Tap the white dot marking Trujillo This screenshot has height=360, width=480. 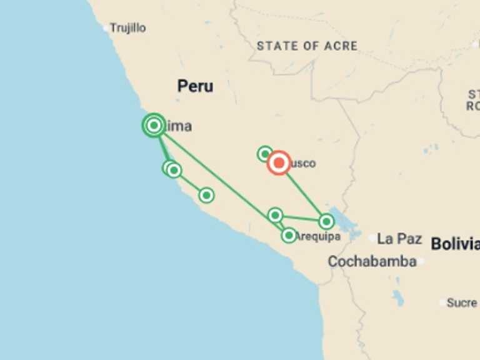coord(106,27)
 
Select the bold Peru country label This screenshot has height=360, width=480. coord(195,86)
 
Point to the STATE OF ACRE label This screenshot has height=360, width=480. coord(307,46)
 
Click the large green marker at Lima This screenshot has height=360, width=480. coord(154,126)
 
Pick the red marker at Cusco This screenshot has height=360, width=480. coord(279,163)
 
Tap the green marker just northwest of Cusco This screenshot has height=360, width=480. coord(265,153)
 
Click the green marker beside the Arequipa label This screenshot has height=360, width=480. coord(288,235)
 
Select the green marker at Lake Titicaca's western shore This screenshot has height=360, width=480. coord(326,221)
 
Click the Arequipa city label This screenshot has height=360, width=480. coord(318,236)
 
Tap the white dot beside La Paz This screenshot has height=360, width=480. coord(372,238)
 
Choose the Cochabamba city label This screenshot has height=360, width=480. coord(372,261)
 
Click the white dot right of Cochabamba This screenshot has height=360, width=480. coord(421,261)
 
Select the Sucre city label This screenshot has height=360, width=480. coord(462,302)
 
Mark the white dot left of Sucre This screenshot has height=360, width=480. coord(442,302)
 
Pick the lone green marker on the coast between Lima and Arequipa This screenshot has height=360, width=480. coord(206,195)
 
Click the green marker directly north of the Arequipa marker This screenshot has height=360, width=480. coord(275,215)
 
